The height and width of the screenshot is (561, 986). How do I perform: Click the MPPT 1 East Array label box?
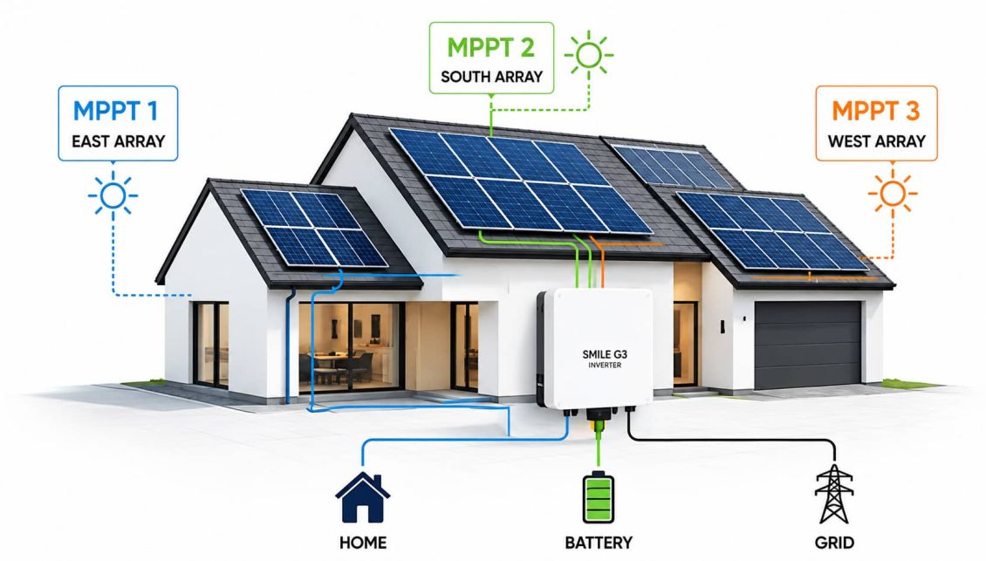tap(118, 123)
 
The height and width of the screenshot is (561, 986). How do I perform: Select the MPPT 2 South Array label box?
tap(492, 58)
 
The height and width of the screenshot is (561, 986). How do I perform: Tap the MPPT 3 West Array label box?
tap(877, 123)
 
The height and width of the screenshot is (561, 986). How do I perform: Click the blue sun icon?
tap(113, 195)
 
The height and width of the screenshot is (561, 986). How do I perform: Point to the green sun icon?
tap(589, 55)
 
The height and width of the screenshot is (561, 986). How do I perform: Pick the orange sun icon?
tap(893, 193)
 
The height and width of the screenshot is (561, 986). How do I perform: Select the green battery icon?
tap(599, 496)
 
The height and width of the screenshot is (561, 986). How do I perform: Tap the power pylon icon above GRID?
tap(834, 495)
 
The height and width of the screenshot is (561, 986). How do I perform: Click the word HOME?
tap(363, 542)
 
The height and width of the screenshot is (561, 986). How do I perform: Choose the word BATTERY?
tap(599, 542)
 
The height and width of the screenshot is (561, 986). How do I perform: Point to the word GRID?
tap(834, 542)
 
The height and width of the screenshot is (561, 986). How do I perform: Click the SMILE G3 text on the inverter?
tap(605, 354)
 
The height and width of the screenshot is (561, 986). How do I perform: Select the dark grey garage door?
tap(808, 345)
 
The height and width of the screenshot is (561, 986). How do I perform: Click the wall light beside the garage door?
tap(723, 326)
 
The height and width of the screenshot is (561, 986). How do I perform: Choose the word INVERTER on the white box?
tap(605, 366)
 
